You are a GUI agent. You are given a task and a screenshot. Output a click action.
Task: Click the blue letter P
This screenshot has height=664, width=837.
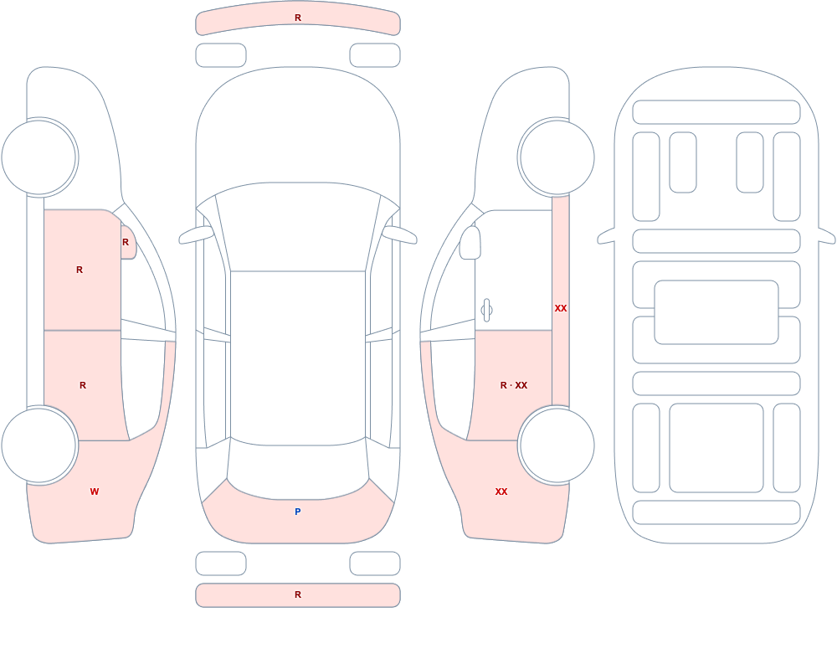pyautogui.click(x=298, y=512)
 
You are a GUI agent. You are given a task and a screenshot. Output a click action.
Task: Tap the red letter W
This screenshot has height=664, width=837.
pyautogui.click(x=95, y=492)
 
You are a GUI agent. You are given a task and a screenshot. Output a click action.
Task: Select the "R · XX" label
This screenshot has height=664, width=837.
pyautogui.click(x=514, y=385)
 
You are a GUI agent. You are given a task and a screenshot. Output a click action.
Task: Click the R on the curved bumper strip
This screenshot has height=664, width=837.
pyautogui.click(x=298, y=18)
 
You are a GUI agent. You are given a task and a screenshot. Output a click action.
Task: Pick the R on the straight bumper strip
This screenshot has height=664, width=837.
pyautogui.click(x=298, y=595)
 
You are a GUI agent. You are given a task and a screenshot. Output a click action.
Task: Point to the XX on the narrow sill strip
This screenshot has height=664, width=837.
pyautogui.click(x=561, y=308)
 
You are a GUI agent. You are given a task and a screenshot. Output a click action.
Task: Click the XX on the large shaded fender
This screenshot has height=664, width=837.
pyautogui.click(x=501, y=492)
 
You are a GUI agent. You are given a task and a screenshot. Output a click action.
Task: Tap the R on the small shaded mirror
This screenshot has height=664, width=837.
pyautogui.click(x=126, y=242)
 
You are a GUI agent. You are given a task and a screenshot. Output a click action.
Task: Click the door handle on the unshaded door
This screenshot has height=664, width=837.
pyautogui.click(x=486, y=311)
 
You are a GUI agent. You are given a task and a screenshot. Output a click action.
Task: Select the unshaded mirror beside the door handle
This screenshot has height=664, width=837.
pyautogui.click(x=470, y=243)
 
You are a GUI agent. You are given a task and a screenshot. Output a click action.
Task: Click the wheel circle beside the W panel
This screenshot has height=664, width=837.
pyautogui.click(x=39, y=445)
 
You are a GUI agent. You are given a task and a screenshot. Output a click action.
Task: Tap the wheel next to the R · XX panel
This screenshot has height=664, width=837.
pyautogui.click(x=557, y=445)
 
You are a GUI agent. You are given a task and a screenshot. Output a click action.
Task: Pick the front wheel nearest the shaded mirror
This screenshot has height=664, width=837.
pyautogui.click(x=39, y=157)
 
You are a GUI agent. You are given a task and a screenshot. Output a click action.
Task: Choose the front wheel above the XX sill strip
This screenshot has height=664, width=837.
pyautogui.click(x=557, y=157)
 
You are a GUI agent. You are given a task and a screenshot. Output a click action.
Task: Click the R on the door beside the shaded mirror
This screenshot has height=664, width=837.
pyautogui.click(x=80, y=270)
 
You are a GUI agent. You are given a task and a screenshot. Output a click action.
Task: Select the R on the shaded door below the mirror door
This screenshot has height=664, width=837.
pyautogui.click(x=83, y=385)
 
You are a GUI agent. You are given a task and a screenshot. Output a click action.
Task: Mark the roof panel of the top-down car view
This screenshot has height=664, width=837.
pyautogui.click(x=298, y=358)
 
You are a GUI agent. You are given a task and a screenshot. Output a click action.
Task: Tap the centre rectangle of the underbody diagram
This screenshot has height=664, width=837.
pyautogui.click(x=716, y=312)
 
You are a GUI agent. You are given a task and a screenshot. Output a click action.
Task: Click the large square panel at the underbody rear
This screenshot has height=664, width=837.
pyautogui.click(x=716, y=448)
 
